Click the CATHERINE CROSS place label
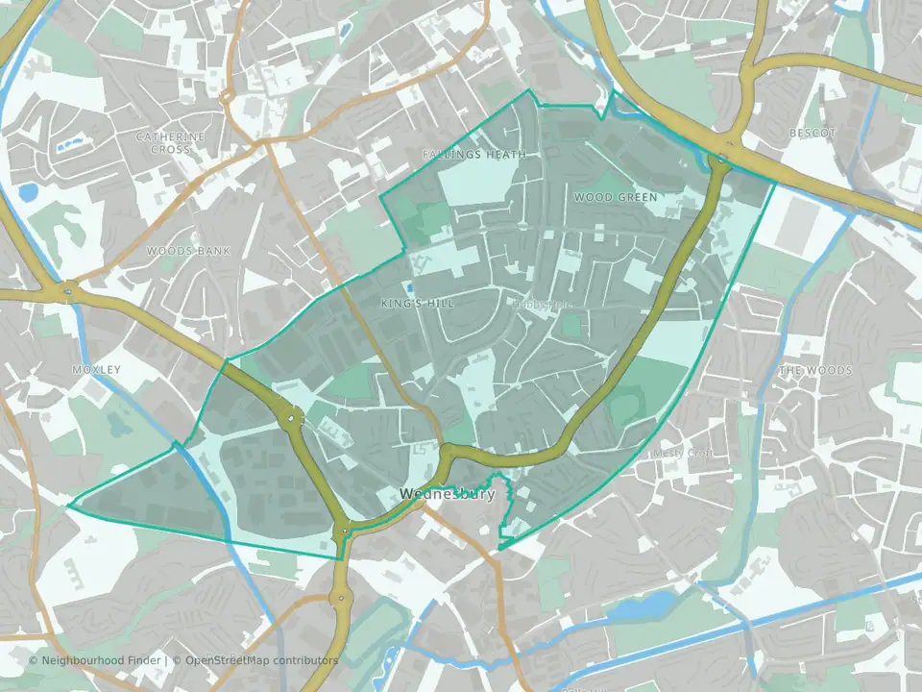click(x=171, y=143)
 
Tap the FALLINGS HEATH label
click(x=474, y=154)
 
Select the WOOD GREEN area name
click(x=616, y=197)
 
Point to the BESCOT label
click(x=813, y=133)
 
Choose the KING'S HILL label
click(x=417, y=304)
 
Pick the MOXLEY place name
click(x=97, y=369)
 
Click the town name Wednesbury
click(x=448, y=495)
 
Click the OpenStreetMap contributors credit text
click(x=261, y=660)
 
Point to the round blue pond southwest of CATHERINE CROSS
click(x=27, y=191)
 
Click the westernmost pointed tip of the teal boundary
click(x=68, y=504)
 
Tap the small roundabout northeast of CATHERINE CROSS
click(x=228, y=96)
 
